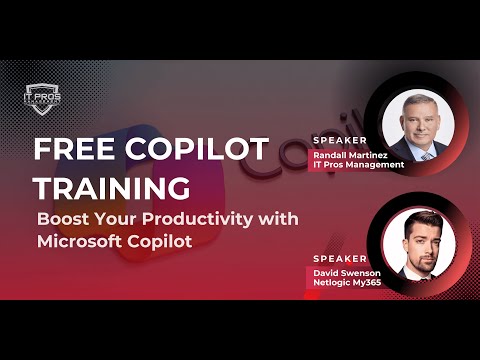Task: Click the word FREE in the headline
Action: click(x=69, y=151)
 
